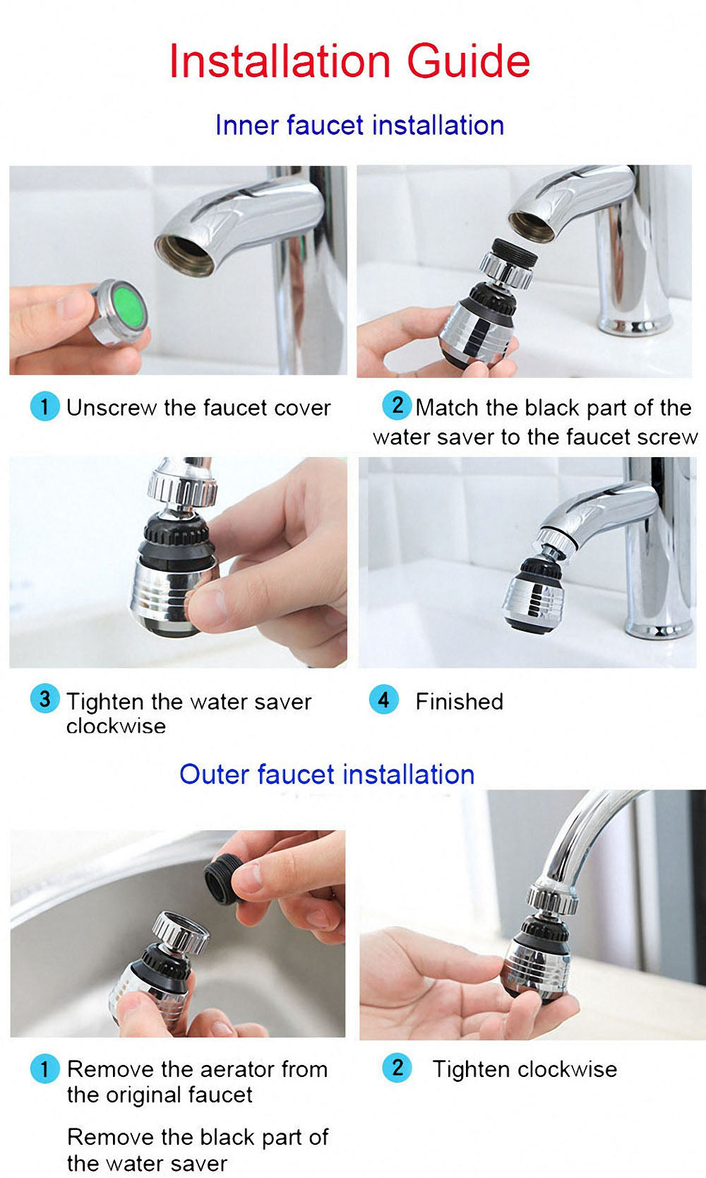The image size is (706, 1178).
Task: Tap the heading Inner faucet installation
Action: click(359, 125)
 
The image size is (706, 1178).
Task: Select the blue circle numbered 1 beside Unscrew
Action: click(44, 407)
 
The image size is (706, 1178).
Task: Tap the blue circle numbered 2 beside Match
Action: click(397, 406)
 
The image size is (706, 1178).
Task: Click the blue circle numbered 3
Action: click(44, 700)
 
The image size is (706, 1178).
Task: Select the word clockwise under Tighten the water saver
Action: click(116, 726)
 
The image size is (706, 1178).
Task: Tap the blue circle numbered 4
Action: click(383, 700)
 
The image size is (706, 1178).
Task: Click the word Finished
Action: click(459, 702)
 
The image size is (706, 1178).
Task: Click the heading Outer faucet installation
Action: click(327, 774)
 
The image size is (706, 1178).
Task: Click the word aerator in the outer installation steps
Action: click(229, 1069)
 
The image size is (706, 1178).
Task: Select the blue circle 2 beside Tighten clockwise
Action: click(397, 1068)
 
